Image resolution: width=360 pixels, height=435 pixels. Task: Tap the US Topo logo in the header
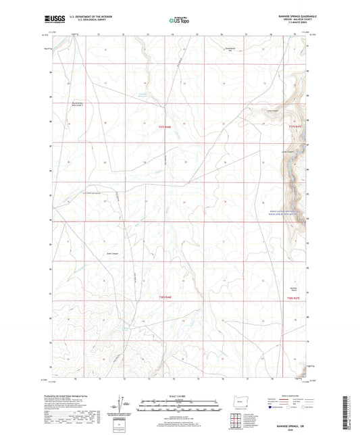point(178,21)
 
